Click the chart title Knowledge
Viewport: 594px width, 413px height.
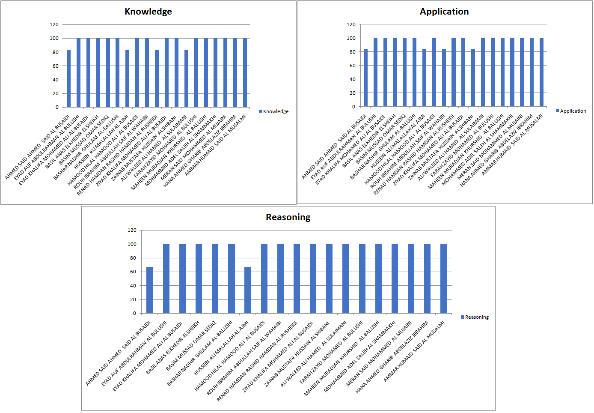[x=148, y=12]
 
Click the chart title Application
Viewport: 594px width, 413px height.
[x=444, y=12]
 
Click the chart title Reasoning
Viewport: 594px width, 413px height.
[x=288, y=217]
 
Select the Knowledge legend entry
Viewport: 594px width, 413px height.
[x=274, y=111]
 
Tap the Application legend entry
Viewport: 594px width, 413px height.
[x=571, y=111]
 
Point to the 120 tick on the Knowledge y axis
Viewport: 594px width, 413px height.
[x=54, y=24]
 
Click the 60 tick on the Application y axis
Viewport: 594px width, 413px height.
[x=352, y=66]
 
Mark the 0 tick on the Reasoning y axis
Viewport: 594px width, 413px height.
[x=134, y=313]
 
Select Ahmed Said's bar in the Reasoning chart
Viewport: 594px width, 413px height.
[x=150, y=290]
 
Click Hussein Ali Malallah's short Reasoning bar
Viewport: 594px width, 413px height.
[x=248, y=290]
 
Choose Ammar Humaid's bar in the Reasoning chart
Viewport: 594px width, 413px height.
[x=444, y=278]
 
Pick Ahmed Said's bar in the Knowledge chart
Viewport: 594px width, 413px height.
[x=68, y=79]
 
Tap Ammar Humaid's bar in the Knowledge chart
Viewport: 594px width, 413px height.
[x=245, y=73]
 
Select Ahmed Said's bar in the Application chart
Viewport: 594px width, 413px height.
[x=365, y=78]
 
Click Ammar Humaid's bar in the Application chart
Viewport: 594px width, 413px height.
[x=541, y=72]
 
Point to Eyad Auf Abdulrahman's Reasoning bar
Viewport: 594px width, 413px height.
[x=166, y=278]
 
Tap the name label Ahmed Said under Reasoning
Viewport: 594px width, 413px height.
[x=118, y=353]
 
